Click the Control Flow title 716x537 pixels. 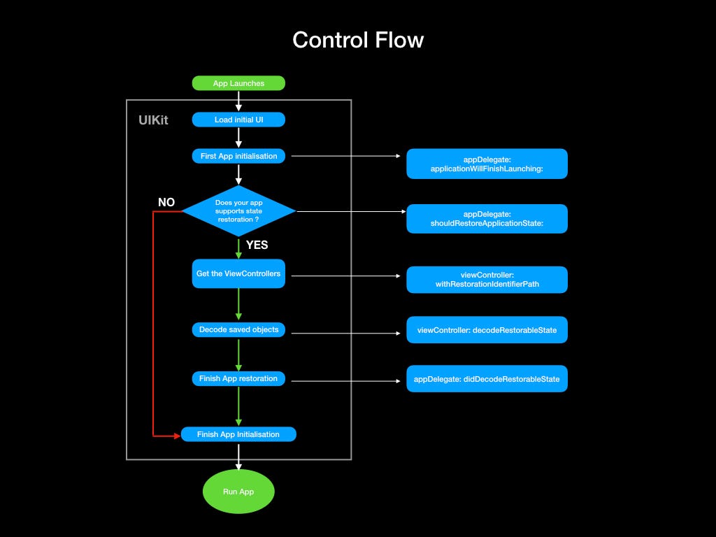pyautogui.click(x=358, y=40)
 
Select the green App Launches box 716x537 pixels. pyautogui.click(x=238, y=83)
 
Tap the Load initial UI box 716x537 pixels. pyautogui.click(x=238, y=120)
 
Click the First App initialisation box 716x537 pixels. pyautogui.click(x=238, y=156)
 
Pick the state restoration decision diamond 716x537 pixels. pyautogui.click(x=238, y=211)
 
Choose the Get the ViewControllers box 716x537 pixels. pyautogui.click(x=238, y=273)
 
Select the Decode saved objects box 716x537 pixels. pyautogui.click(x=238, y=329)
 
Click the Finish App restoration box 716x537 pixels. pyautogui.click(x=238, y=378)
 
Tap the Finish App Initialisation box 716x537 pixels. pyautogui.click(x=238, y=434)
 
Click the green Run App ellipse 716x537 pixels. pyautogui.click(x=238, y=492)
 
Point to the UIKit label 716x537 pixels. pyautogui.click(x=153, y=121)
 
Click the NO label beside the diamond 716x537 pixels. pyautogui.click(x=166, y=202)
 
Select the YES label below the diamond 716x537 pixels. pyautogui.click(x=257, y=245)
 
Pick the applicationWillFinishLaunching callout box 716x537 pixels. pyautogui.click(x=487, y=164)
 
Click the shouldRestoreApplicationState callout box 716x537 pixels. pyautogui.click(x=487, y=218)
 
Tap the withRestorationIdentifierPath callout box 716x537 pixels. pyautogui.click(x=487, y=279)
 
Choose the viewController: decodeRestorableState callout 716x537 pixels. pyautogui.click(x=487, y=329)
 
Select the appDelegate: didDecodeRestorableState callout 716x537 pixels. pyautogui.click(x=487, y=378)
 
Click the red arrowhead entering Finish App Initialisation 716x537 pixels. pyautogui.click(x=176, y=435)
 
